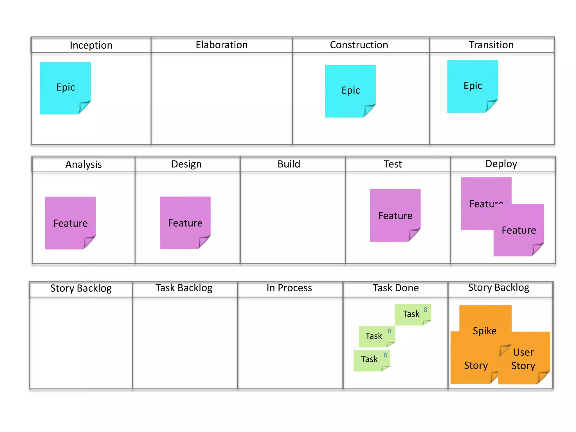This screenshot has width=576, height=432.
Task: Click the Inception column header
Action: coord(91,45)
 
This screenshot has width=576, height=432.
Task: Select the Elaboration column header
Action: coord(222,45)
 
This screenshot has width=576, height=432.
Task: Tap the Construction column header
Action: coord(359,45)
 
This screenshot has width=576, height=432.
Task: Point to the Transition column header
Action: coord(491,45)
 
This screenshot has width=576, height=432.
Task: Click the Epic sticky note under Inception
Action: coord(66,87)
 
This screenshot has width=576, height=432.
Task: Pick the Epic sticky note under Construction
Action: coord(350,91)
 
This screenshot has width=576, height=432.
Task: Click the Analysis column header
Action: coord(84,164)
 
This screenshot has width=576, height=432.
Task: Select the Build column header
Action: coord(289,164)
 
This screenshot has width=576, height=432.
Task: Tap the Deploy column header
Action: coord(501,164)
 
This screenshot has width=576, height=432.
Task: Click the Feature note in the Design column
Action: coord(185,223)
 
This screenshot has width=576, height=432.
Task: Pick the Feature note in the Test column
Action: coord(395,215)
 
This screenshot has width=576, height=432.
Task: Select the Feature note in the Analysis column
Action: coord(70,223)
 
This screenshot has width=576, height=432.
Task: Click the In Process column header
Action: coord(289,288)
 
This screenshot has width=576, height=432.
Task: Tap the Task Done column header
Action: coord(396,288)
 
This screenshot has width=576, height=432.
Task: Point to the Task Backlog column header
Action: coord(184,288)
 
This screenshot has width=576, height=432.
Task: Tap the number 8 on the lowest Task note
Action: coord(385,355)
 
